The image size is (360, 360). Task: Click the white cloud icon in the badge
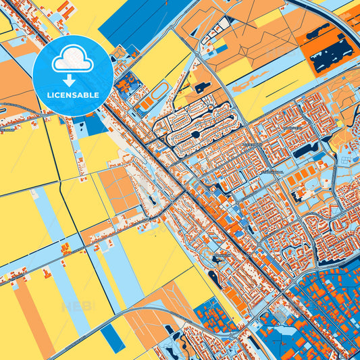click(x=72, y=61)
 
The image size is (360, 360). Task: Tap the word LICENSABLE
click(x=72, y=95)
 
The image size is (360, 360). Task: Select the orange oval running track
click(x=159, y=91)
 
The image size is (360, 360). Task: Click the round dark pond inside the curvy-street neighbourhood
click(x=195, y=134)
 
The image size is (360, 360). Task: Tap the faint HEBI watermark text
click(x=78, y=306)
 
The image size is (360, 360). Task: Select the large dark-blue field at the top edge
click(x=135, y=20)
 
